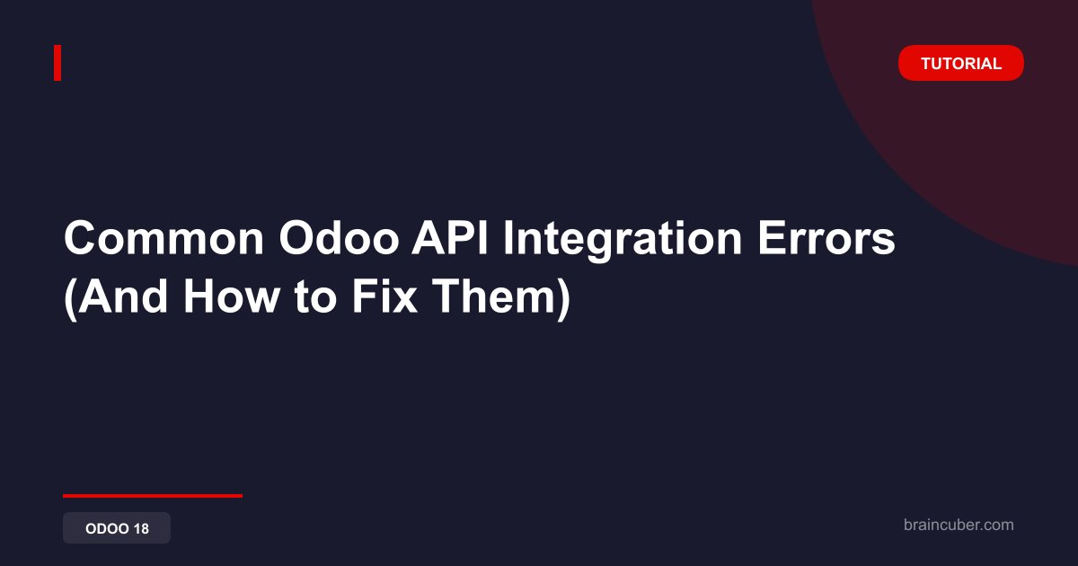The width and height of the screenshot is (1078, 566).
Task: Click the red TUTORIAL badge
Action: coord(960,63)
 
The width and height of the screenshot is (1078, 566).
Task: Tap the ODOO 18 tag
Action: coord(117,528)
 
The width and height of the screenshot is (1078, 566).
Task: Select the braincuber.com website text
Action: coord(959,525)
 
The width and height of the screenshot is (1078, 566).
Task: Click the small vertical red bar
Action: coord(57,63)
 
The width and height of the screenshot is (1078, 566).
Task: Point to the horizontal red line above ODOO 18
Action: coord(153,496)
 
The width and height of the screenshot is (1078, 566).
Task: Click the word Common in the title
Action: coord(164,238)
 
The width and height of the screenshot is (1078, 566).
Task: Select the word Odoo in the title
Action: coord(339,238)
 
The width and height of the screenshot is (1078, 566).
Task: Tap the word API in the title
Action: coord(450,238)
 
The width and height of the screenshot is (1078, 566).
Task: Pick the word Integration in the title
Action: coord(623,241)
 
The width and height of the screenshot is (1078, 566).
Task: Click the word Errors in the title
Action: coord(826,238)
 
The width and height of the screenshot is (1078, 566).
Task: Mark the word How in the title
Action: coord(232,296)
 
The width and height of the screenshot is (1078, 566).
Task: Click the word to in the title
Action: coord(315,298)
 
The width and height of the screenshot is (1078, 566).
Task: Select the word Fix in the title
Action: coord(384,296)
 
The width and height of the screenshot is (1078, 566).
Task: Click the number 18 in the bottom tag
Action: coord(142,528)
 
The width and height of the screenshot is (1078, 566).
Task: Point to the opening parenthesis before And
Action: coord(70,299)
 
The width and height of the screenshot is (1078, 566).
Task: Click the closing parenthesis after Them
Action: coord(564,299)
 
